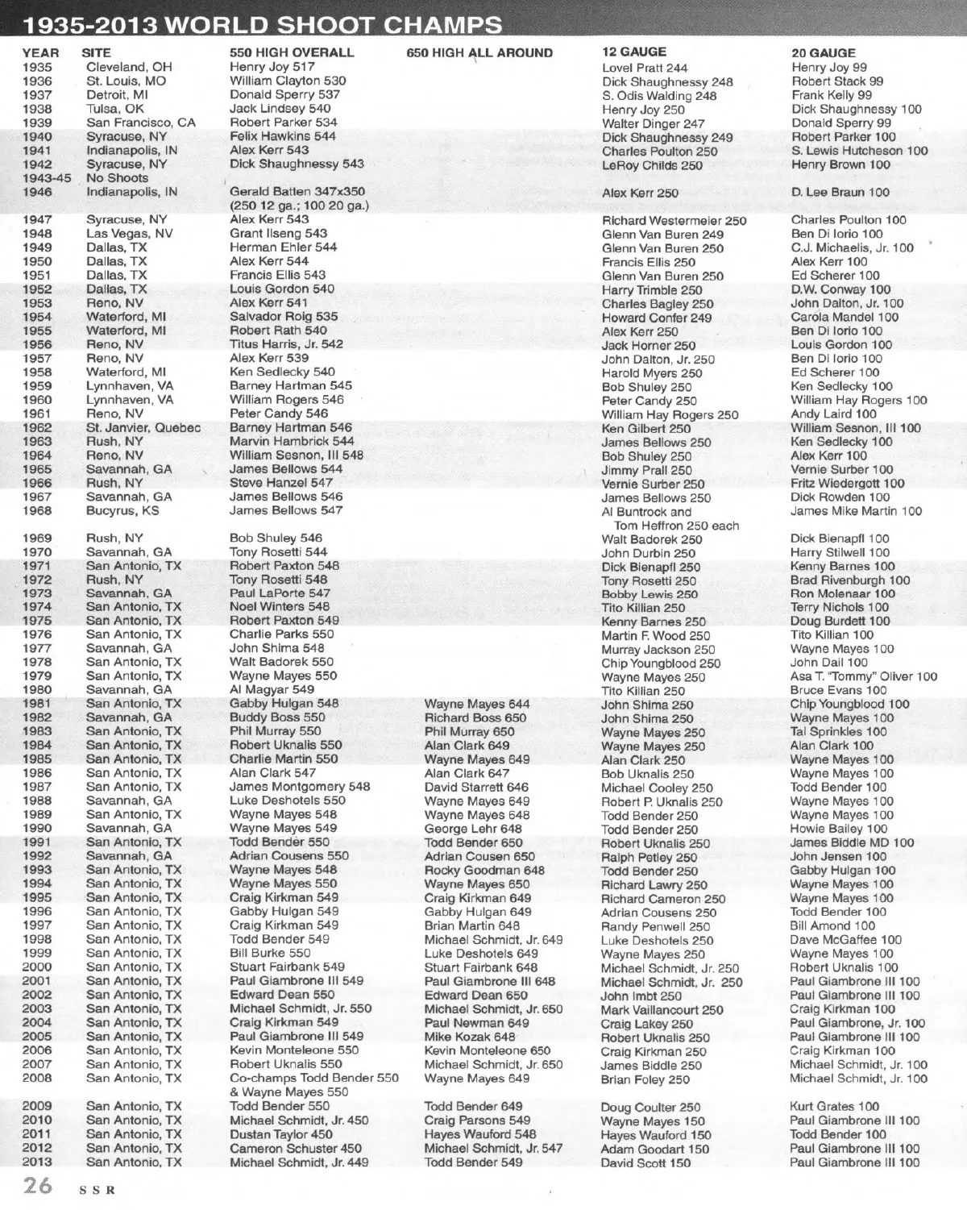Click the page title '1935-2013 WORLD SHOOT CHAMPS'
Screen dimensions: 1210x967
point(263,24)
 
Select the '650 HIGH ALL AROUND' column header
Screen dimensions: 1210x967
point(479,53)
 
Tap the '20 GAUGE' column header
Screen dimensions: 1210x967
point(823,53)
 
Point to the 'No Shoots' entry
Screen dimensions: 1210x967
point(117,178)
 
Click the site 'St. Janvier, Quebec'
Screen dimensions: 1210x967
point(143,427)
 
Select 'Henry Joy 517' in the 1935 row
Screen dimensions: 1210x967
point(272,68)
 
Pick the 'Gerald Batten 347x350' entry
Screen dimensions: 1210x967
point(297,192)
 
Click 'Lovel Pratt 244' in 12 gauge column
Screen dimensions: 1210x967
point(645,69)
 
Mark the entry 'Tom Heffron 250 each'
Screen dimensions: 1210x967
point(676,526)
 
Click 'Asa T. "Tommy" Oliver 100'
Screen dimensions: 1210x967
point(863,676)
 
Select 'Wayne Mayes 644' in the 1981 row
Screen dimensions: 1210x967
point(477,704)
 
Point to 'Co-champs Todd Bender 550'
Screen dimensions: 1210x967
point(313,1078)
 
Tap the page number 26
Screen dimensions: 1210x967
point(38,1186)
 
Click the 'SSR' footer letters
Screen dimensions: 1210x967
point(97,1191)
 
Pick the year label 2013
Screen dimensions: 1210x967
point(37,1162)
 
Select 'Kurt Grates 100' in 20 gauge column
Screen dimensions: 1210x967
point(832,1107)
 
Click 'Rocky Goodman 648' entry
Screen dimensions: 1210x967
point(484,870)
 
